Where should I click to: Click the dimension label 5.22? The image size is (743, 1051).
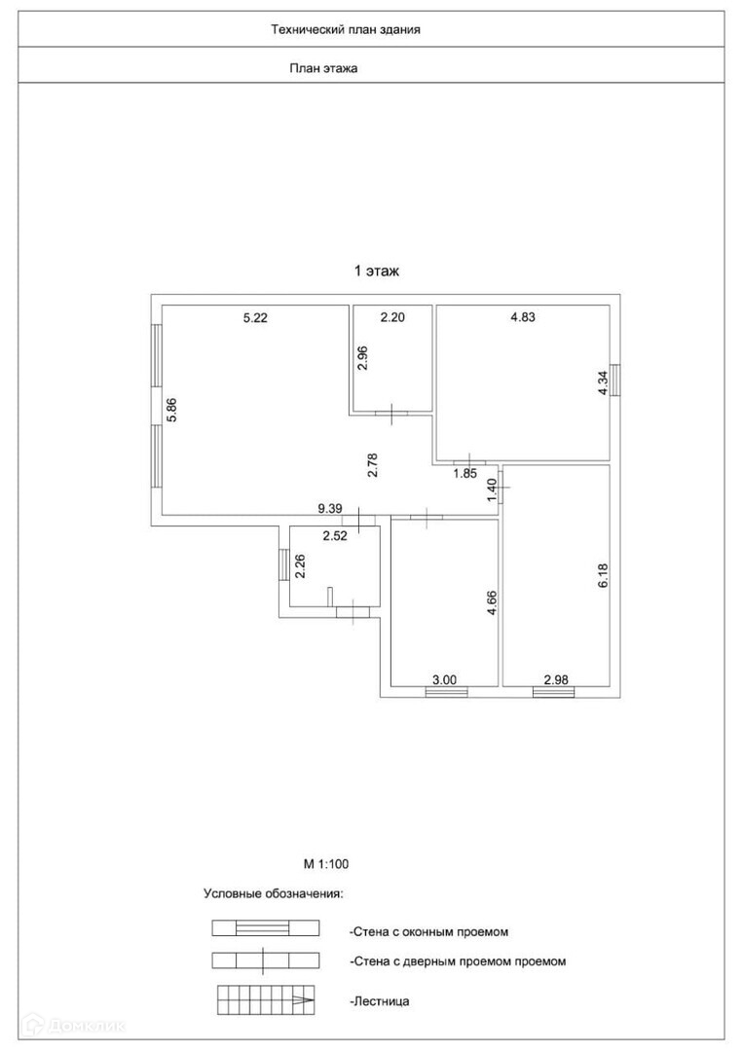click(x=254, y=316)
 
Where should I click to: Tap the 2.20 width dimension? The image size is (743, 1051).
click(x=391, y=316)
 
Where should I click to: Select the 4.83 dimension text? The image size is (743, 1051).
click(x=524, y=316)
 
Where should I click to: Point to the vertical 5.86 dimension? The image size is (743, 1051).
click(x=171, y=410)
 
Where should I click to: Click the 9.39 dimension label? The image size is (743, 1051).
click(x=330, y=507)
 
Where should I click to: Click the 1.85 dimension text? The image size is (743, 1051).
click(x=465, y=474)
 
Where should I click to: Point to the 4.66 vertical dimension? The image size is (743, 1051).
click(x=492, y=604)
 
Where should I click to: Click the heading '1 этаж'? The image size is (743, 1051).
click(x=377, y=272)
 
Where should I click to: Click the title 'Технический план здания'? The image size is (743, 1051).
click(x=346, y=29)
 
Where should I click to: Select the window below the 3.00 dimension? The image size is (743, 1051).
click(x=447, y=693)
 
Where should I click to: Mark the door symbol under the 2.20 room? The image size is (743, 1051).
click(x=391, y=414)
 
